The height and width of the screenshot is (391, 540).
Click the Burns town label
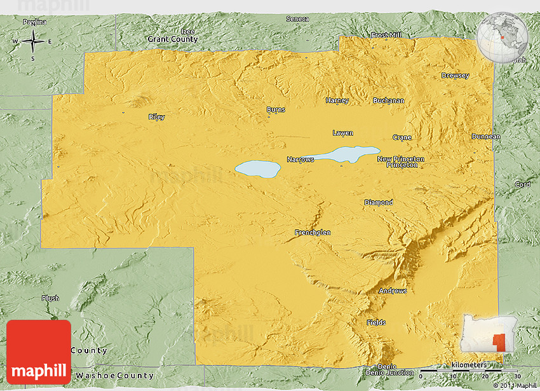(276, 109)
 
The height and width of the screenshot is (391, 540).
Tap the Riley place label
(156, 117)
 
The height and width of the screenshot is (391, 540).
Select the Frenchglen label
(313, 233)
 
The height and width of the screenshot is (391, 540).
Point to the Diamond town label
(378, 203)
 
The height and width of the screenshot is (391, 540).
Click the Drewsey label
(455, 76)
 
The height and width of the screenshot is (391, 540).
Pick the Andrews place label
(393, 291)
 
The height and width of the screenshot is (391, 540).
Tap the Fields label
(376, 322)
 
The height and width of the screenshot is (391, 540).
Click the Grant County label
(173, 39)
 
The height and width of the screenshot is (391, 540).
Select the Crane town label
(402, 137)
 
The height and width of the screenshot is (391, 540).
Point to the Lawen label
(342, 133)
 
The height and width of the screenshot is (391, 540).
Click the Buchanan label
(388, 100)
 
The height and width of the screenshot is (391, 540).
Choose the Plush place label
(50, 298)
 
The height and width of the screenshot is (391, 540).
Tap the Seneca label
(297, 19)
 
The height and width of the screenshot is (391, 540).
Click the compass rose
(32, 42)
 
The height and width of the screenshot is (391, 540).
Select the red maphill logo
(39, 352)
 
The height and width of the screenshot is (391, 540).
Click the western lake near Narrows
(258, 169)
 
